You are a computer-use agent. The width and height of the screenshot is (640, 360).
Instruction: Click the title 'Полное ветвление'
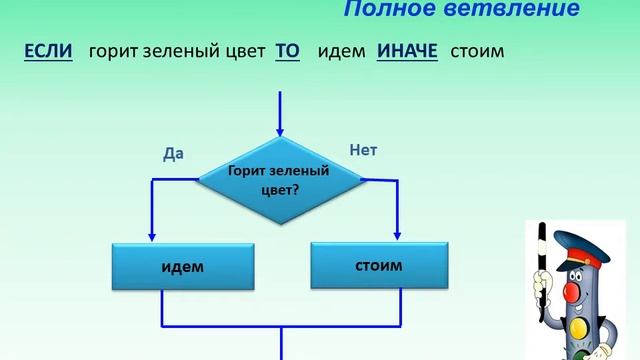coord(461,10)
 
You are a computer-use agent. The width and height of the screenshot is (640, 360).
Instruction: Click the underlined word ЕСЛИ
coord(49,51)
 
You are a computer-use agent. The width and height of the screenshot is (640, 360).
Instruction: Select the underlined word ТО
coord(287,51)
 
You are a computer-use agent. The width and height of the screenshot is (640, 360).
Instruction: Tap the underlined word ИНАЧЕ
coord(407,51)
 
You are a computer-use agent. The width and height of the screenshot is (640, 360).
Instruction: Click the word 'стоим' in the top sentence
coord(477,51)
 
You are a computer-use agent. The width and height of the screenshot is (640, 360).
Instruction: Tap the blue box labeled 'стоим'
coord(378,267)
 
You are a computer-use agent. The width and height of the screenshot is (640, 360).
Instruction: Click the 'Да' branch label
coord(174,153)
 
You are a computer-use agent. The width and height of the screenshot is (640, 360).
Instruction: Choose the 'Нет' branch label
coord(363,150)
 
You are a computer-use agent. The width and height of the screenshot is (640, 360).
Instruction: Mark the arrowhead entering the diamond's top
coord(280,131)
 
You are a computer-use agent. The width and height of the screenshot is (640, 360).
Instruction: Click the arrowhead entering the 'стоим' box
coord(398,235)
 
